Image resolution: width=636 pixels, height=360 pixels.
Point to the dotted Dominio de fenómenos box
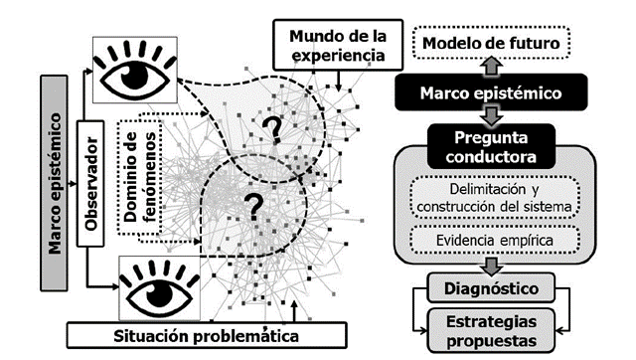(x=137, y=177)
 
